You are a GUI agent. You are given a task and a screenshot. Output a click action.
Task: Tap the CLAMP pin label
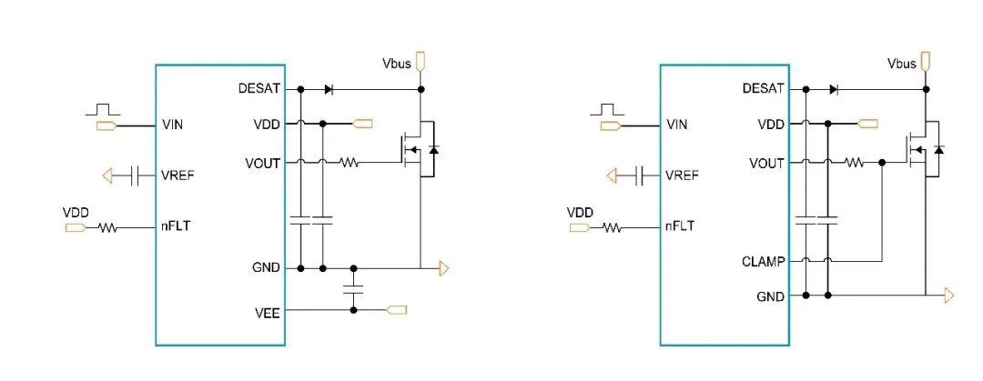764,261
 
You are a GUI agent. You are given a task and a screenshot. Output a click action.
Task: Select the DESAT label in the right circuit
763,88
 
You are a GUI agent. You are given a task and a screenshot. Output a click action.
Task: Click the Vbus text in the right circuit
901,64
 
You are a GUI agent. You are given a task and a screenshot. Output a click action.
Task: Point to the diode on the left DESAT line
329,89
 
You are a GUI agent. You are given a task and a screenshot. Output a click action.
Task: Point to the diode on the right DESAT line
834,88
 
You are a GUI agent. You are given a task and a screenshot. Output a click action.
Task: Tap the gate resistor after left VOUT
350,163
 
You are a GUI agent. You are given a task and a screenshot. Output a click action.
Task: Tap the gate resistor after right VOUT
854,163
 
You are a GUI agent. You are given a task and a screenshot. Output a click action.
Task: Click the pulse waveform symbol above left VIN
103,109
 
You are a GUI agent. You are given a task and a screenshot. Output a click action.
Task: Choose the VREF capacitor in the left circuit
134,175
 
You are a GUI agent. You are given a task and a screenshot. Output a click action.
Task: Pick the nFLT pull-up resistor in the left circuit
108,227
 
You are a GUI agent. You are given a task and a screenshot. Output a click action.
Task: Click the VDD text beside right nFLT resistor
580,212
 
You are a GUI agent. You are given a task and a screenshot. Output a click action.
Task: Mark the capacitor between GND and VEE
353,289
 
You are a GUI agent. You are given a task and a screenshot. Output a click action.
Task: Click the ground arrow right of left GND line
443,268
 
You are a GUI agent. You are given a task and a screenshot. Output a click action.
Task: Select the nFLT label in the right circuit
680,226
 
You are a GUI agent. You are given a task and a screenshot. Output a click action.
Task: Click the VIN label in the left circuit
173,124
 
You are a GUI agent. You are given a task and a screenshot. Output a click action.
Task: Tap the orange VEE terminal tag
397,310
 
